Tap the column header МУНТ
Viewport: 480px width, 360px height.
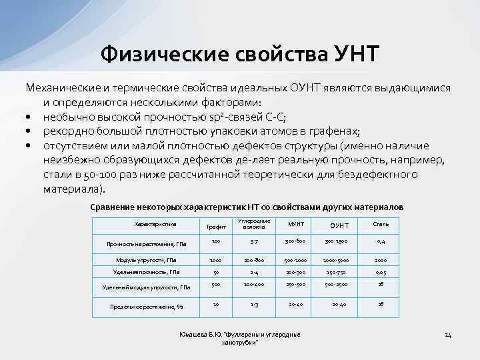point(295,223)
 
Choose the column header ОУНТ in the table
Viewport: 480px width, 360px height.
point(339,225)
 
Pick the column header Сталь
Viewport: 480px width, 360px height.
point(381,224)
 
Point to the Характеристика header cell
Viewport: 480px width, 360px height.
point(155,224)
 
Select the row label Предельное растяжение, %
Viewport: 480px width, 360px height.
point(147,307)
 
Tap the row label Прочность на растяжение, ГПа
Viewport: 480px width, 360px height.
point(147,244)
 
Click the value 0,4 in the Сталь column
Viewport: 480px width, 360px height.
point(381,241)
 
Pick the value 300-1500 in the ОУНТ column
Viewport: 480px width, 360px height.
point(339,241)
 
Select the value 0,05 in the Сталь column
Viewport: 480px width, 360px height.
point(381,272)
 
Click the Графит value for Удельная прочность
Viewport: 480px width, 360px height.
point(215,272)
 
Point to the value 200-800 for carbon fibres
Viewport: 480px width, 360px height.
point(254,259)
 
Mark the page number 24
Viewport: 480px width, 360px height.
point(448,334)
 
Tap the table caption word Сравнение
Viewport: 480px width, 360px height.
point(113,207)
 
